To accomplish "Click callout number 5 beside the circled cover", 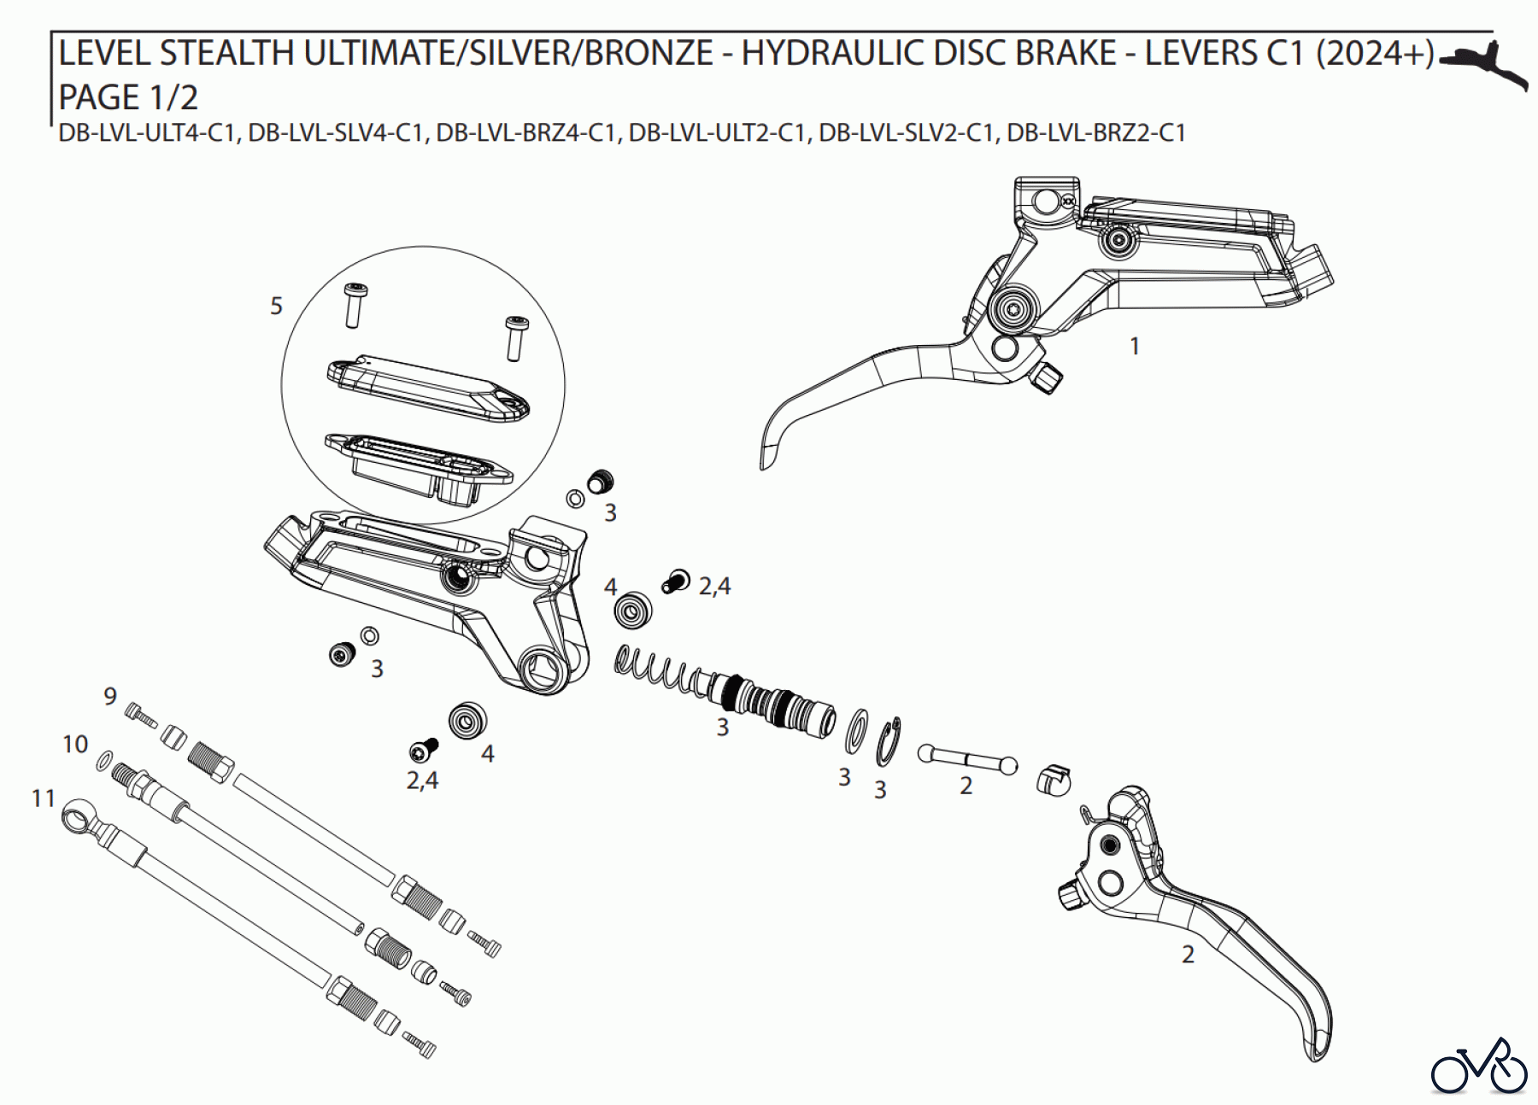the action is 276,306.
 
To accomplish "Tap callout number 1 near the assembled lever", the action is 1135,346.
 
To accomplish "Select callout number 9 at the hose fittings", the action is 110,696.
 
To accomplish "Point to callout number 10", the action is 75,745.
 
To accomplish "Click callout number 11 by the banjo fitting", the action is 44,798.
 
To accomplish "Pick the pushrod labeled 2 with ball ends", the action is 967,758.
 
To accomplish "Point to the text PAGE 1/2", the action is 128,97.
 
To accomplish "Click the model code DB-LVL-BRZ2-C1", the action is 1096,133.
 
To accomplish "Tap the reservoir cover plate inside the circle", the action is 429,389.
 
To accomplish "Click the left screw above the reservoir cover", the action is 353,306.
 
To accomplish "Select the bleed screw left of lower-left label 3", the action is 343,654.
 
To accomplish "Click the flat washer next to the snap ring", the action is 857,728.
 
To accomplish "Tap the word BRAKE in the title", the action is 1065,54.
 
